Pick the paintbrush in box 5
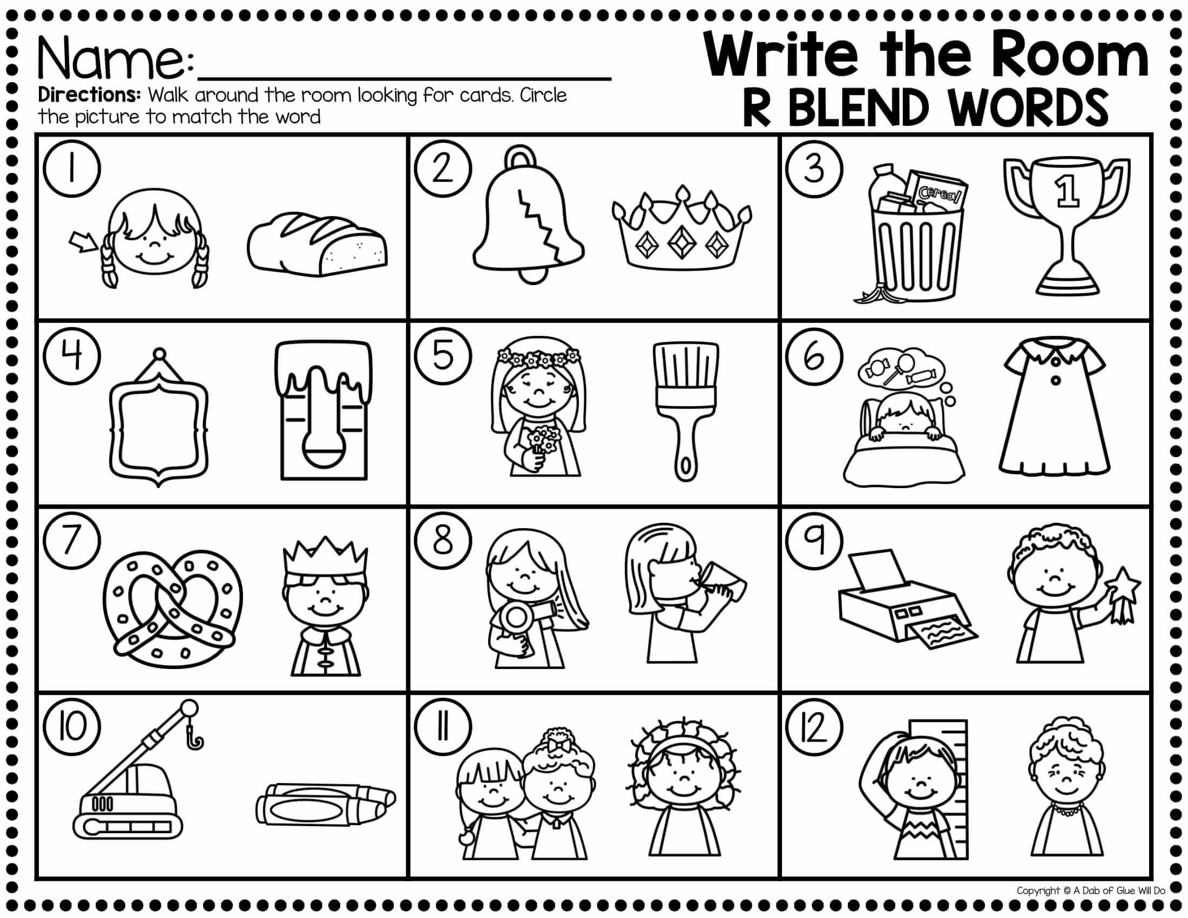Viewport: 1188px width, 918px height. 686,411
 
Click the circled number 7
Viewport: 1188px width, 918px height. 72,542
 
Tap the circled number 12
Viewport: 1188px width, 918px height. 814,730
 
